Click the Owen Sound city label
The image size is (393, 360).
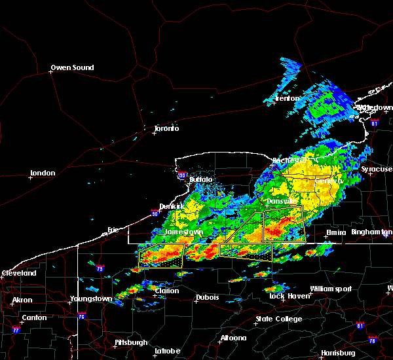pyautogui.click(x=72, y=67)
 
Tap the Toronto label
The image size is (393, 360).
pyautogui.click(x=166, y=128)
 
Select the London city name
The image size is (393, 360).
pyautogui.click(x=42, y=173)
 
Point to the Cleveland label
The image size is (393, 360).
pyautogui.click(x=18, y=272)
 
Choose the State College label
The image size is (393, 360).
pyautogui.click(x=279, y=319)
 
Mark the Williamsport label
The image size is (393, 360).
pyautogui.click(x=331, y=289)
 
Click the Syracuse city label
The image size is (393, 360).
pyautogui.click(x=377, y=169)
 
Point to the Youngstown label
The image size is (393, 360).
pyautogui.click(x=91, y=298)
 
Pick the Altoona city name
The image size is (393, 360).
pyautogui.click(x=233, y=338)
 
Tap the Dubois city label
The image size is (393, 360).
pyautogui.click(x=206, y=298)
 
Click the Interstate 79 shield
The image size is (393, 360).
pyautogui.click(x=100, y=268)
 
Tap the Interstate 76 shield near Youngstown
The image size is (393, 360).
pyautogui.click(x=81, y=317)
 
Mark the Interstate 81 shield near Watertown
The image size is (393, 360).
pyautogui.click(x=374, y=122)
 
